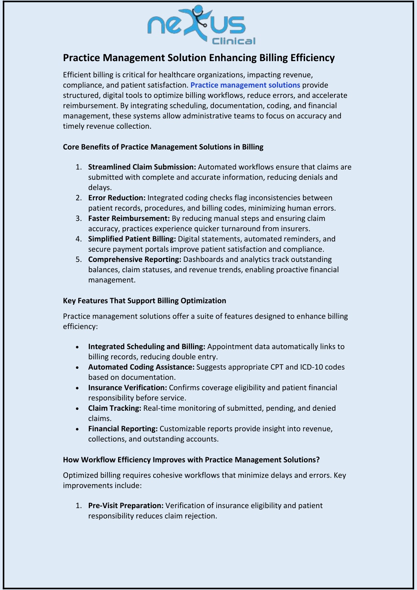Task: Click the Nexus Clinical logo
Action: pos(201,25)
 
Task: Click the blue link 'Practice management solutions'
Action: pos(245,85)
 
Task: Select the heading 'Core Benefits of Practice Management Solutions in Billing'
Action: pos(163,147)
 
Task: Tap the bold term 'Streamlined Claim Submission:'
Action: pos(142,167)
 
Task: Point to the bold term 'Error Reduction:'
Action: pos(117,198)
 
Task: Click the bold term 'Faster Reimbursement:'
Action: pos(129,218)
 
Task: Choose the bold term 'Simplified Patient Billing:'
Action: pos(132,239)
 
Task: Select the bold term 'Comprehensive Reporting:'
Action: pos(134,260)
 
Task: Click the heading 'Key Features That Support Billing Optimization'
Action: pos(145,301)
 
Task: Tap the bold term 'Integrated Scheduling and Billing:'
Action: pos(147,347)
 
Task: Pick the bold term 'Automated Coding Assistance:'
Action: pos(141,367)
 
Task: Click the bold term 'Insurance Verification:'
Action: pos(127,387)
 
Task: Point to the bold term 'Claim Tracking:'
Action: pos(114,408)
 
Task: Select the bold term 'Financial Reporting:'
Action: pos(123,429)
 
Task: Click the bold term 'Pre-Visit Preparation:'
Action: pos(126,506)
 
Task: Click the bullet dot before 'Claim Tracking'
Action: pos(77,409)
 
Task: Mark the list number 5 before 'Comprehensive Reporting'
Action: pos(78,260)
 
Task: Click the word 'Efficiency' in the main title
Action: pos(312,58)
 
